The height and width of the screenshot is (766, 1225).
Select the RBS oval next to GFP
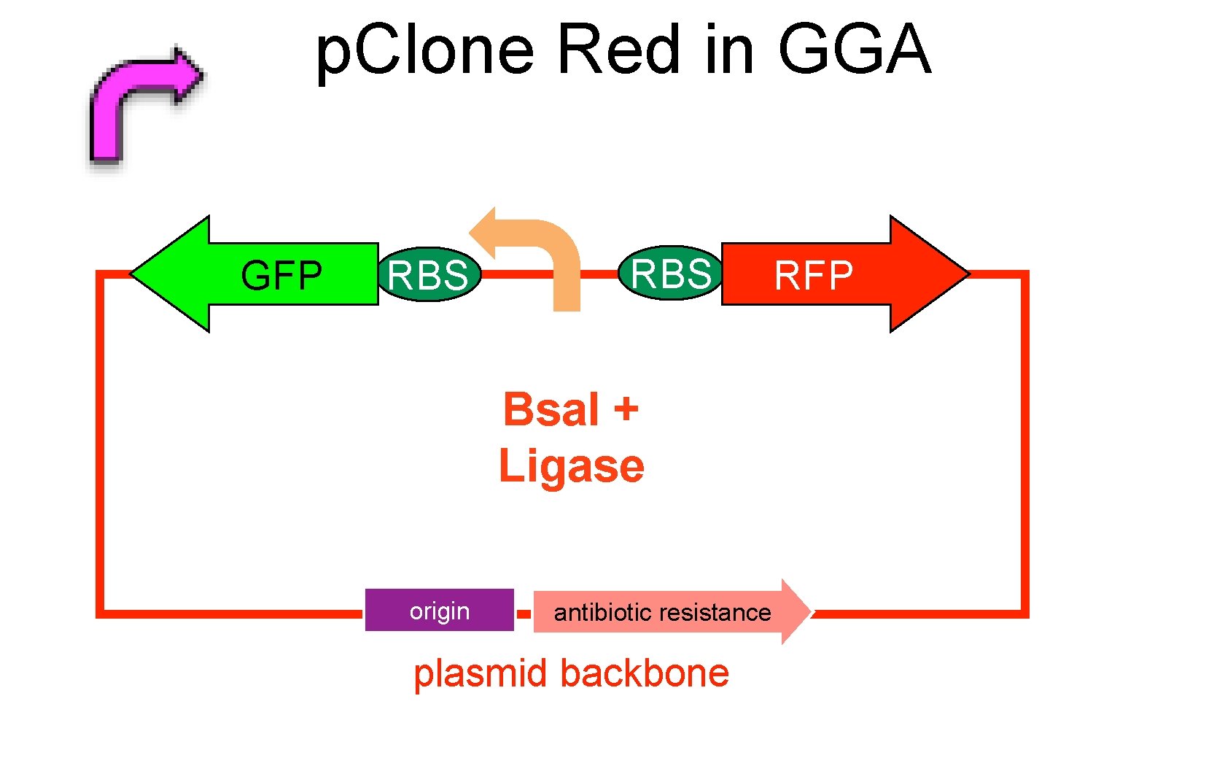tap(429, 274)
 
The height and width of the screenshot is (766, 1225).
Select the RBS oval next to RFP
tap(671, 273)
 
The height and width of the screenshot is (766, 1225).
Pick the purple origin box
tap(439, 610)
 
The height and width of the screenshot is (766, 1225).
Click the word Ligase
tap(571, 465)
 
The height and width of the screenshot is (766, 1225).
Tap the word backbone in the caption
tap(645, 673)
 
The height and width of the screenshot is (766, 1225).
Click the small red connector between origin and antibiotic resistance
tap(524, 614)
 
